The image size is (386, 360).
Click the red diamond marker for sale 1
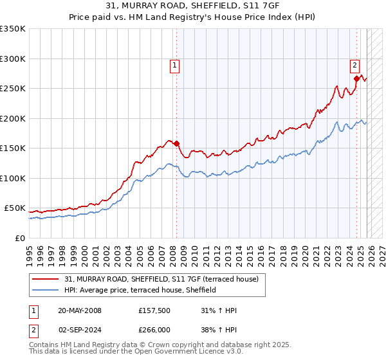[x=176, y=144]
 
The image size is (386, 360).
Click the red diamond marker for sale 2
[x=356, y=79]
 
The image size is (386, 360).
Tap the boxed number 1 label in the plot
[x=175, y=64]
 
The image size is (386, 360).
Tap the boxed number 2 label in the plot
[x=354, y=64]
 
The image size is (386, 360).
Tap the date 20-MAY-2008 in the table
[x=80, y=311]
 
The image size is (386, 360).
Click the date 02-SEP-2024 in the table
[x=80, y=329]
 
